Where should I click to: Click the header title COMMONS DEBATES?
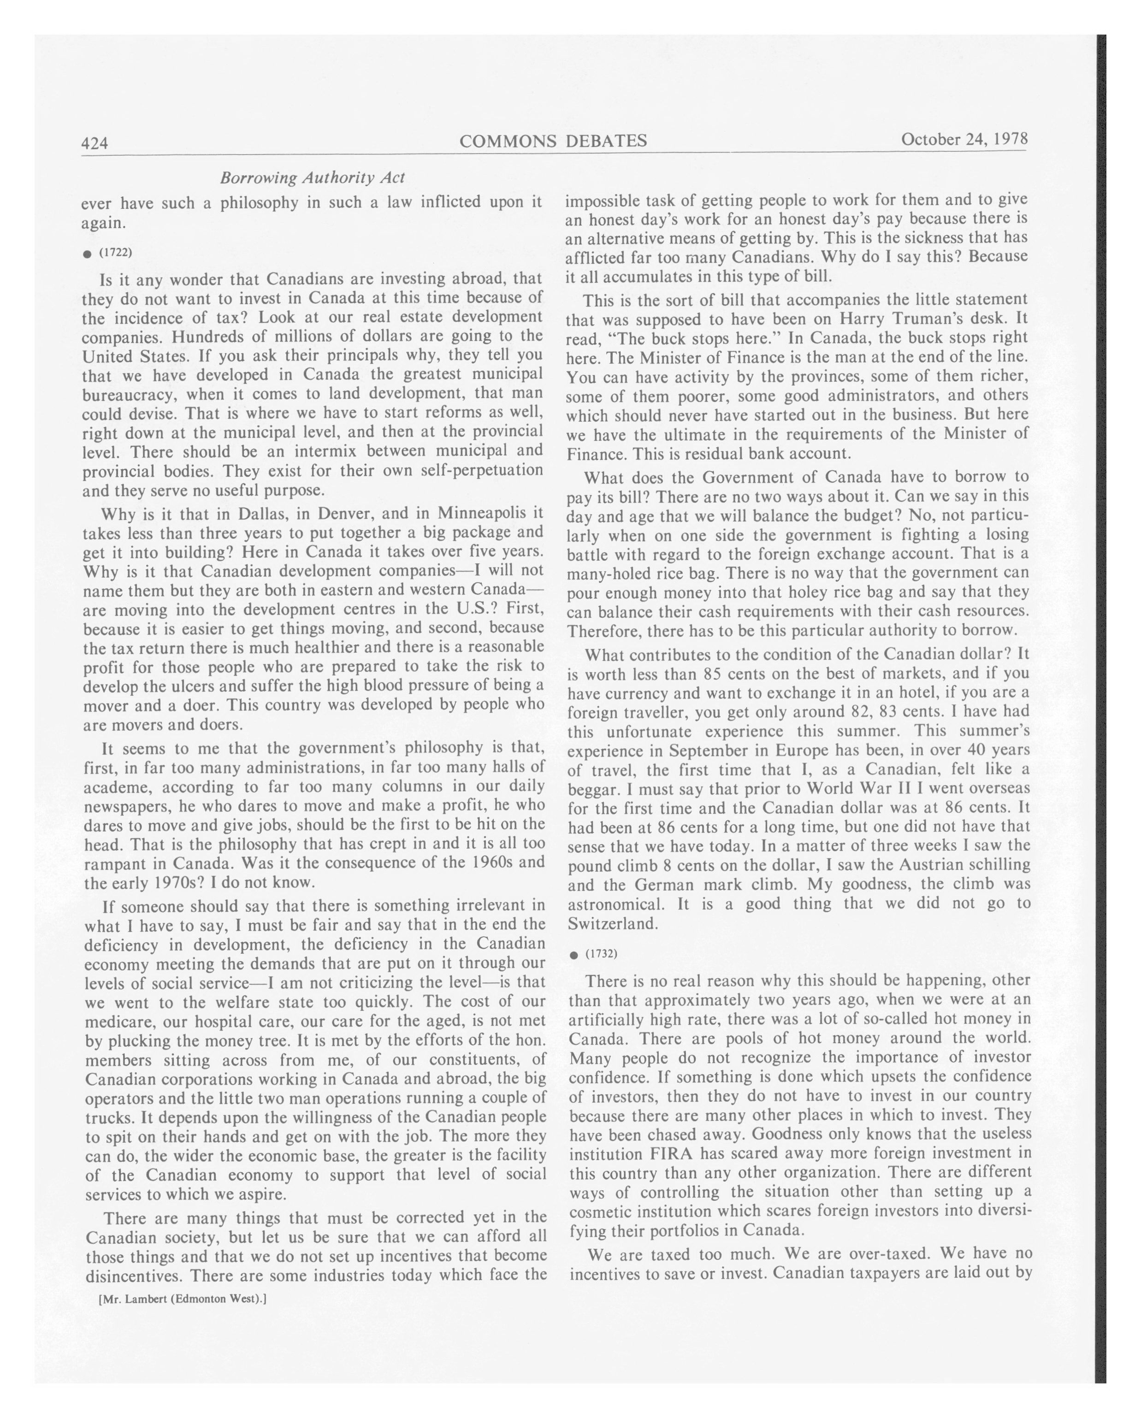point(553,141)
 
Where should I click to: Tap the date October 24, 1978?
point(964,139)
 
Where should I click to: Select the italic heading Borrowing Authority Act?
point(313,177)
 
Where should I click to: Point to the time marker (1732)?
point(601,954)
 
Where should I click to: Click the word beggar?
point(591,788)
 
